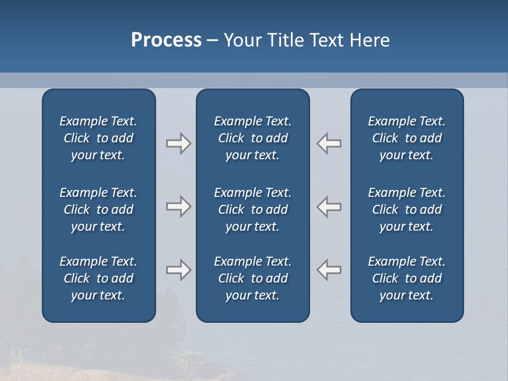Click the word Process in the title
166,40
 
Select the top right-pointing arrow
178,143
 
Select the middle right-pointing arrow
178,206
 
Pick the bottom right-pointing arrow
178,270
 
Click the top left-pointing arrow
329,143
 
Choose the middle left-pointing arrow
329,206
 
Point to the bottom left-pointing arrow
329,270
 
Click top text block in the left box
98,138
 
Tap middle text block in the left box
98,210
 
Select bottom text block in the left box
98,278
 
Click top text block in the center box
253,138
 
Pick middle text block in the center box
253,210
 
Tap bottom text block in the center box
253,278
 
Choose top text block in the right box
407,138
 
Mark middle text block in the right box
407,210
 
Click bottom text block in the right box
407,278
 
